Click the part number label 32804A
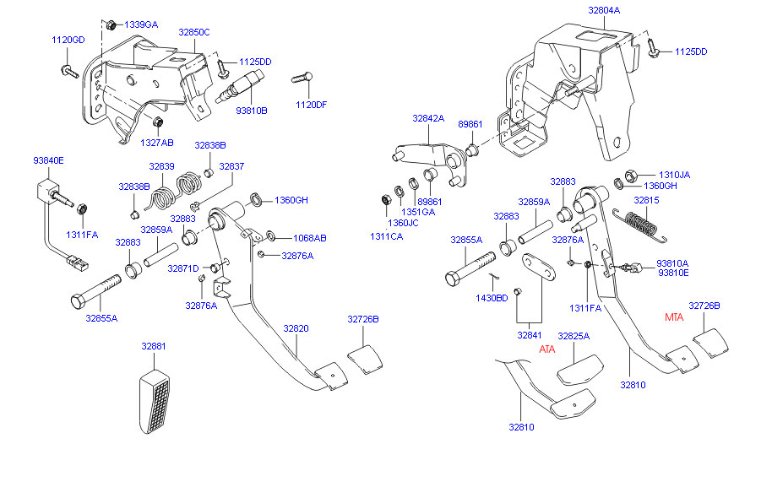tap(604, 10)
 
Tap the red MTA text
tap(674, 317)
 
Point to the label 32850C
tap(194, 32)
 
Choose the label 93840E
tap(48, 160)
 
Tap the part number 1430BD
tap(492, 297)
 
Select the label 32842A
tap(428, 119)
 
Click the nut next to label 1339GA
tap(111, 24)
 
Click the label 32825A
tap(574, 336)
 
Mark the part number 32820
tap(296, 328)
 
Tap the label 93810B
tap(251, 111)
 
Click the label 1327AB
tap(156, 143)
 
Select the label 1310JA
tap(674, 175)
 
